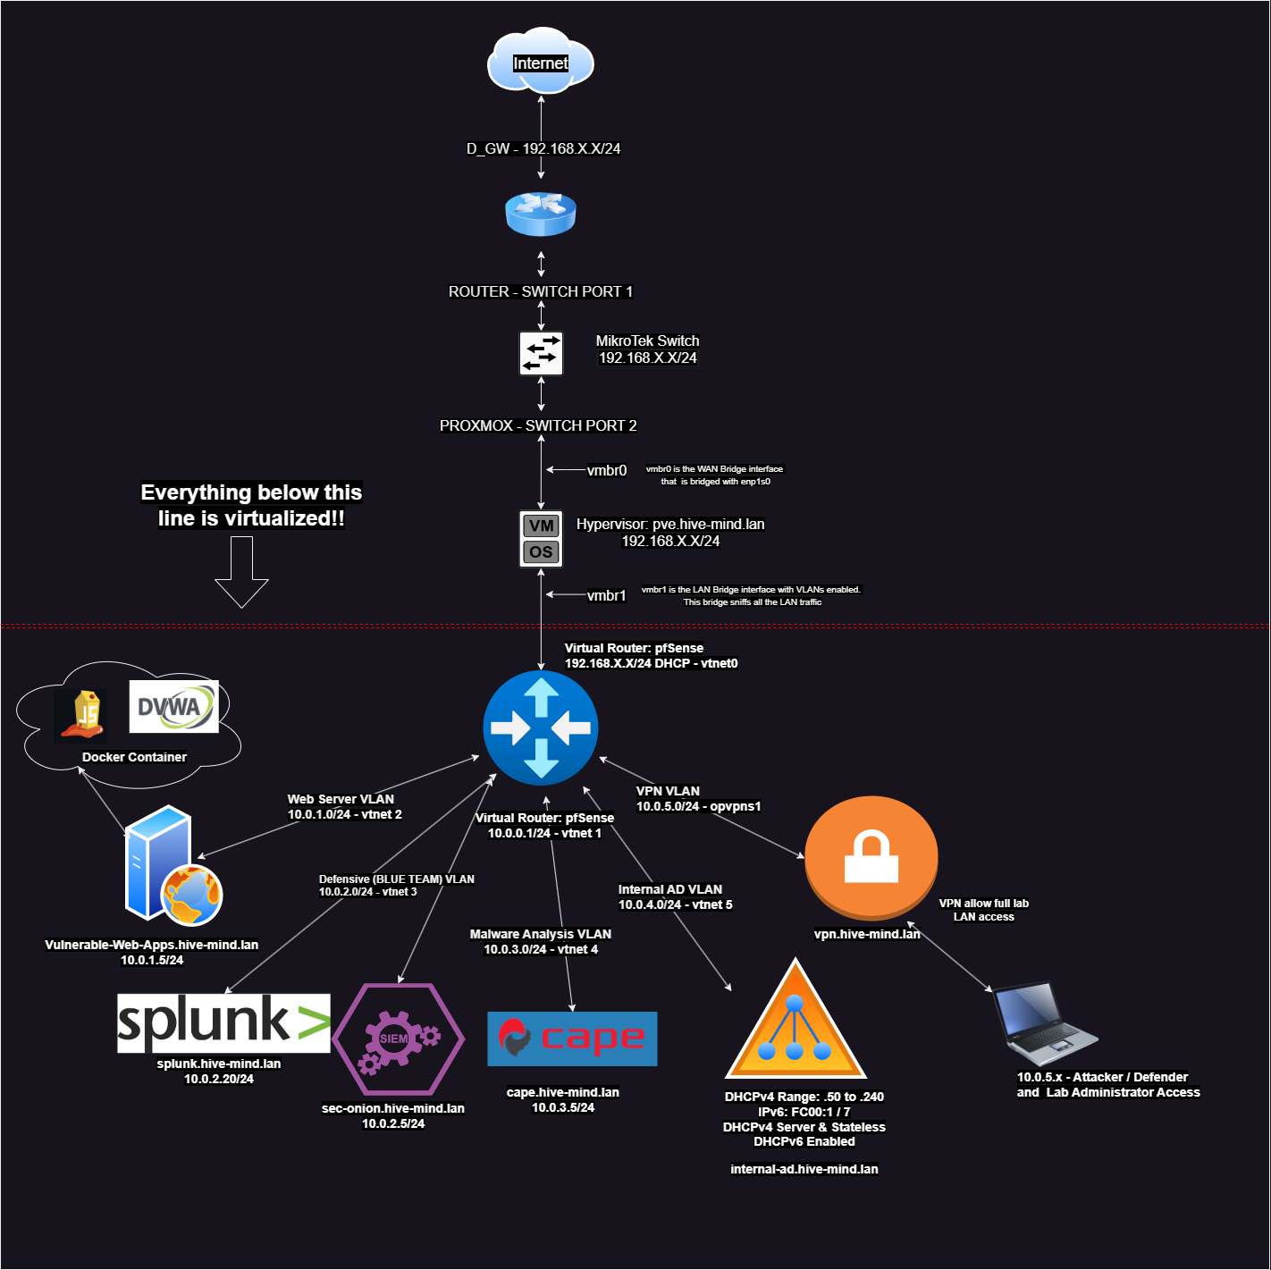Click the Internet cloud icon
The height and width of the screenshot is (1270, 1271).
coord(541,62)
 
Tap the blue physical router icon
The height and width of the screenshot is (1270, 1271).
coord(541,214)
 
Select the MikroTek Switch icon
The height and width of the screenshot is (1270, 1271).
coord(541,353)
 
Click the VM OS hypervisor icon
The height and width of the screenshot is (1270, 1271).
coord(541,539)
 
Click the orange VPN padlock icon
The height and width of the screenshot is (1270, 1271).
coord(871,856)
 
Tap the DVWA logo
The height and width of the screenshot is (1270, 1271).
coord(173,707)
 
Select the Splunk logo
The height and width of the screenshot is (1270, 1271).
coord(223,1022)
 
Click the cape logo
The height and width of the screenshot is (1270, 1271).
coord(572,1039)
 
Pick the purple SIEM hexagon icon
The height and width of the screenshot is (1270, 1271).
coord(398,1039)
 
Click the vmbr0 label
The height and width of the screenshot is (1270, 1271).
coord(607,470)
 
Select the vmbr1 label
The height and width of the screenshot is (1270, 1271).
coord(606,595)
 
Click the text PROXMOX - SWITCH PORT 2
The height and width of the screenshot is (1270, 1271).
coord(538,425)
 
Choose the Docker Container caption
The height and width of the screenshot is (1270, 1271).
coord(134,757)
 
